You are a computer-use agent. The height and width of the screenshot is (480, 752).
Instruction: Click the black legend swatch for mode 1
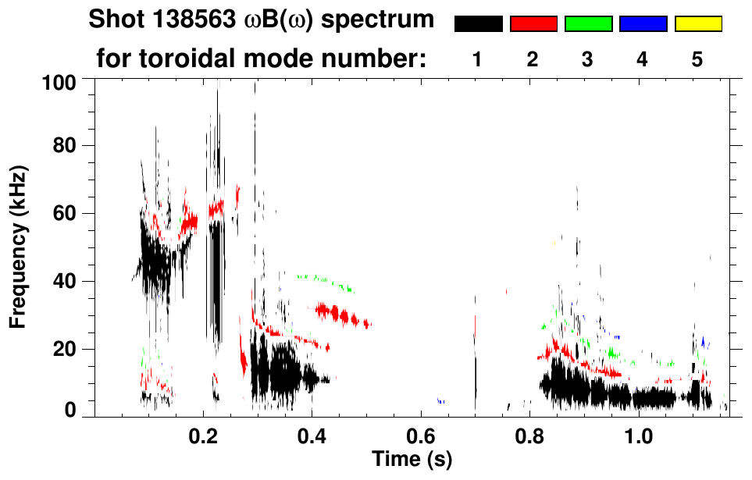478,24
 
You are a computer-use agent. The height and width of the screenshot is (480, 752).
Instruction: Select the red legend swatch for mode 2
533,24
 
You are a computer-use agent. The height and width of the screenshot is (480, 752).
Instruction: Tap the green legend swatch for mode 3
588,24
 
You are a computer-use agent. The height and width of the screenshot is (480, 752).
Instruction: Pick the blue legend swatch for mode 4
643,24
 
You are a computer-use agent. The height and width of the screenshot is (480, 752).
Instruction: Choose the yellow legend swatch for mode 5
697,24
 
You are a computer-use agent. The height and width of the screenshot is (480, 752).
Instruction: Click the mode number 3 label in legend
587,59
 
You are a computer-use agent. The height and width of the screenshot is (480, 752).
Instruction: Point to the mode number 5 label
697,59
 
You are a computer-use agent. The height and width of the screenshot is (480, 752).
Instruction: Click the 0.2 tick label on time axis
204,434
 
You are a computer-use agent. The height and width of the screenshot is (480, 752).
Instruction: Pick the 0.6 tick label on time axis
421,434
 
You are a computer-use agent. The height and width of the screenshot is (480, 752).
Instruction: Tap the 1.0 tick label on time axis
639,434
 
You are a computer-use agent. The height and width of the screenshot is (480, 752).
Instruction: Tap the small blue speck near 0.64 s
441,401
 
